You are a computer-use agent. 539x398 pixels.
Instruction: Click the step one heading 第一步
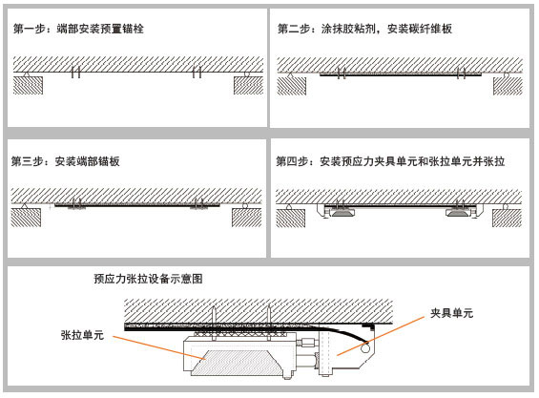pos(30,29)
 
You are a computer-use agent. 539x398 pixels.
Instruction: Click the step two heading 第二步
pos(294,29)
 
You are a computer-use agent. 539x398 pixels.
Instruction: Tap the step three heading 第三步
pos(27,161)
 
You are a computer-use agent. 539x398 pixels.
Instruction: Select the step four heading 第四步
pos(292,161)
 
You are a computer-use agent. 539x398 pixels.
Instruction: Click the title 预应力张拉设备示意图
pos(148,279)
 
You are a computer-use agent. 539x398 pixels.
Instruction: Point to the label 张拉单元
pos(82,335)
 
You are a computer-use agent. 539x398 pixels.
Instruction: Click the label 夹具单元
pos(451,313)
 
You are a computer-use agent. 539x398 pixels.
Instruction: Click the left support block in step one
pos(29,85)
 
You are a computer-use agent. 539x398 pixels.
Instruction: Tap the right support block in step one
pos(249,85)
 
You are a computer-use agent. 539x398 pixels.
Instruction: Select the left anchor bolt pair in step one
pos(76,72)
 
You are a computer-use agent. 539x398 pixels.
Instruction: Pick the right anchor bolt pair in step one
pos(197,72)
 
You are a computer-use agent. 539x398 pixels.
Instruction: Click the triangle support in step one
pos(26,73)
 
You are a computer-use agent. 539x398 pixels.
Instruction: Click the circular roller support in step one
pos(246,73)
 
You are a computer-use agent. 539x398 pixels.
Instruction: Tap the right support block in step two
pos(508,86)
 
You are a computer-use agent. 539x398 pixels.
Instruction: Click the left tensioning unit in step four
pos(342,213)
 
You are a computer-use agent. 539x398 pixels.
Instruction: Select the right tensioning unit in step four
pos(458,213)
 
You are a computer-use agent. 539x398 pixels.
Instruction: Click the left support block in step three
pos(26,218)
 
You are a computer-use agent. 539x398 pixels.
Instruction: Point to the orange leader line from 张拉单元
pos(159,347)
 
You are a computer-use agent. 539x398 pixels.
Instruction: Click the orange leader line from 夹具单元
pos(381,336)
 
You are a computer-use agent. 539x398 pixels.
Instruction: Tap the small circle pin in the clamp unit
pos(365,349)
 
